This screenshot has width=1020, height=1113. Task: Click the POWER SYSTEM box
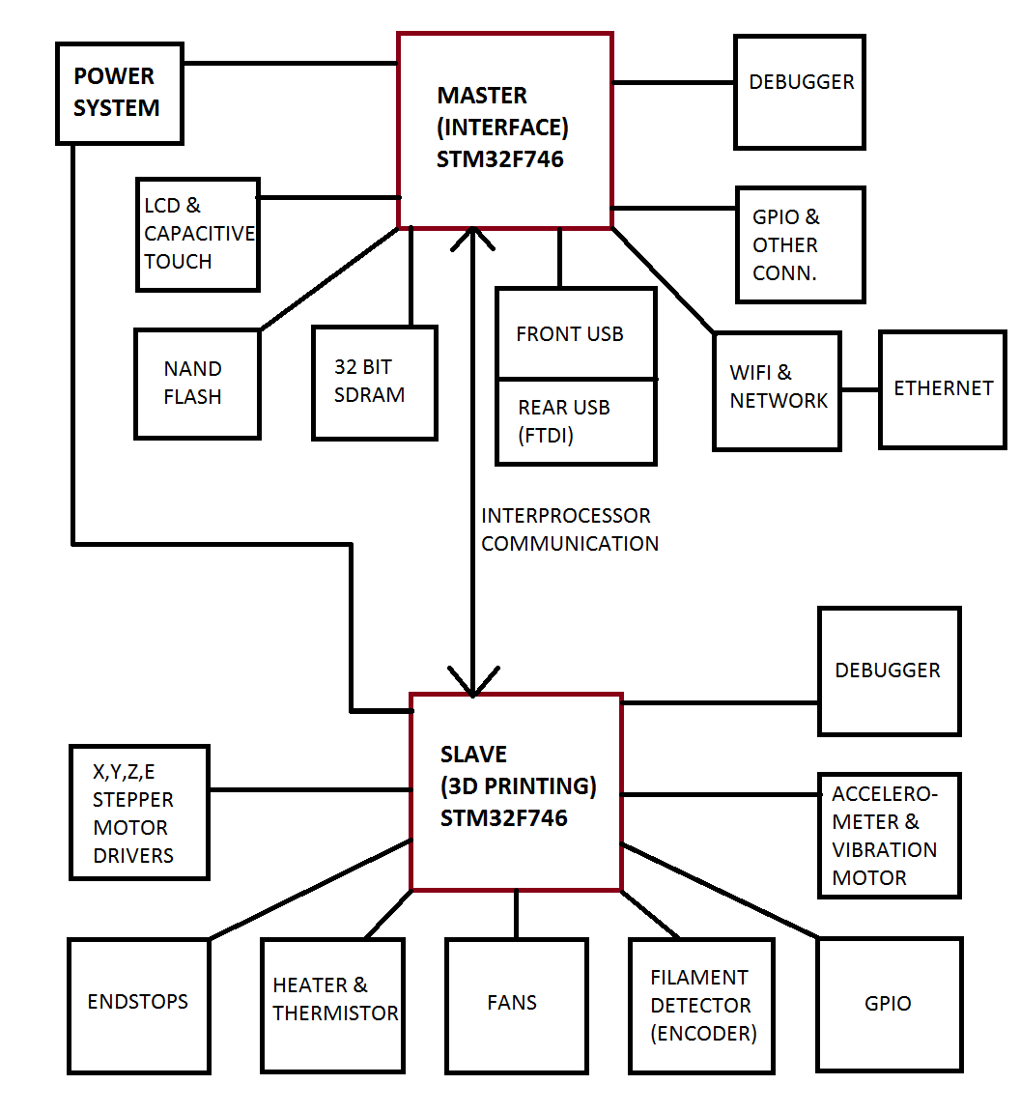(x=120, y=94)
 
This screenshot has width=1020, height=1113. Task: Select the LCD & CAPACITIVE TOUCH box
(x=198, y=234)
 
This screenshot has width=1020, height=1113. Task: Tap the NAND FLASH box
(x=197, y=384)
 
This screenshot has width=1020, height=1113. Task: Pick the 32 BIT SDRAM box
(x=375, y=383)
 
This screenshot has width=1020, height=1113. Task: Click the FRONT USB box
(x=576, y=333)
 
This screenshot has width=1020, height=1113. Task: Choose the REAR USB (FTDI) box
(x=576, y=422)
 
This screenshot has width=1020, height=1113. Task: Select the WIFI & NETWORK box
(x=777, y=391)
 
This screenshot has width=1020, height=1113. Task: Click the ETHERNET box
(x=943, y=388)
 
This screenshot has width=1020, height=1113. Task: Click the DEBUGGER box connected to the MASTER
(x=799, y=92)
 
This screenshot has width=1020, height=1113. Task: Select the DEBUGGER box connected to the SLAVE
(x=889, y=671)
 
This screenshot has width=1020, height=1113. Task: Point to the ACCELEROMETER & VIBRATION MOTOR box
(x=889, y=836)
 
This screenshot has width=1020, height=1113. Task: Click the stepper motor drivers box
(x=139, y=813)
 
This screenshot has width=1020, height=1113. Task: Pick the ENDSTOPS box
(x=139, y=1006)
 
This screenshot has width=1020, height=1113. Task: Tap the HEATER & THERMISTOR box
(x=332, y=1006)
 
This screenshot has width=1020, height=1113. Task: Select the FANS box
(x=516, y=1006)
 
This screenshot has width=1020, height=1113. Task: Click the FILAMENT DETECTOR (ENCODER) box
(x=701, y=1006)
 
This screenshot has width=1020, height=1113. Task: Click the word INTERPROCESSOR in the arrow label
(x=566, y=516)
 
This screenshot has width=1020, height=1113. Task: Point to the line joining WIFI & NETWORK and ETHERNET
(x=860, y=390)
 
